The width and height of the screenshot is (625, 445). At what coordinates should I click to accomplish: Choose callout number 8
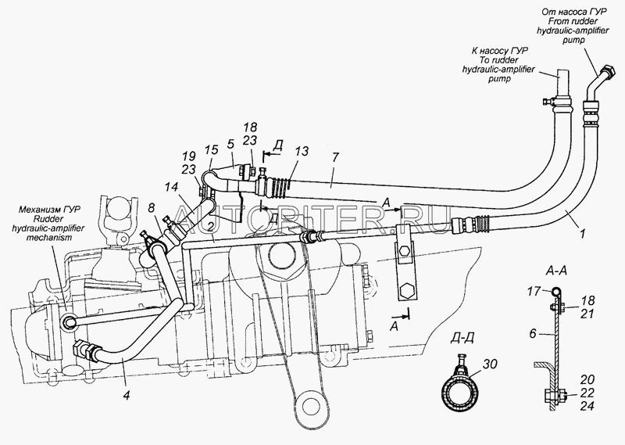point(152,208)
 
